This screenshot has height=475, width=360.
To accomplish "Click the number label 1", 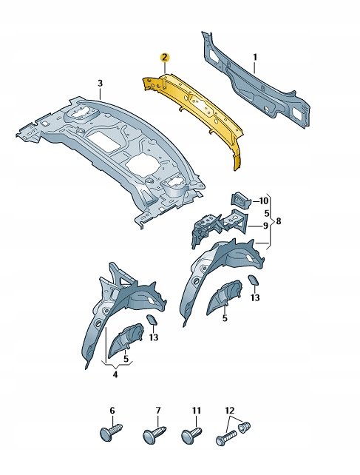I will (x=255, y=57).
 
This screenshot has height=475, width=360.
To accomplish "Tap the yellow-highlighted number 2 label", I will (x=165, y=56).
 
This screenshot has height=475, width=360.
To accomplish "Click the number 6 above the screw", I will (x=112, y=410).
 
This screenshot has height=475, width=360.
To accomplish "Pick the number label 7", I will (x=158, y=410).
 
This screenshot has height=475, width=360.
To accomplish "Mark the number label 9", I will (x=264, y=226).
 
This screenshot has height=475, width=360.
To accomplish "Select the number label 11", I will (x=197, y=410).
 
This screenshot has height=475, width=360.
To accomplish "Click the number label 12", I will (x=229, y=410).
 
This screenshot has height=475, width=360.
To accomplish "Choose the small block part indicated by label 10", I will (x=241, y=200).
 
